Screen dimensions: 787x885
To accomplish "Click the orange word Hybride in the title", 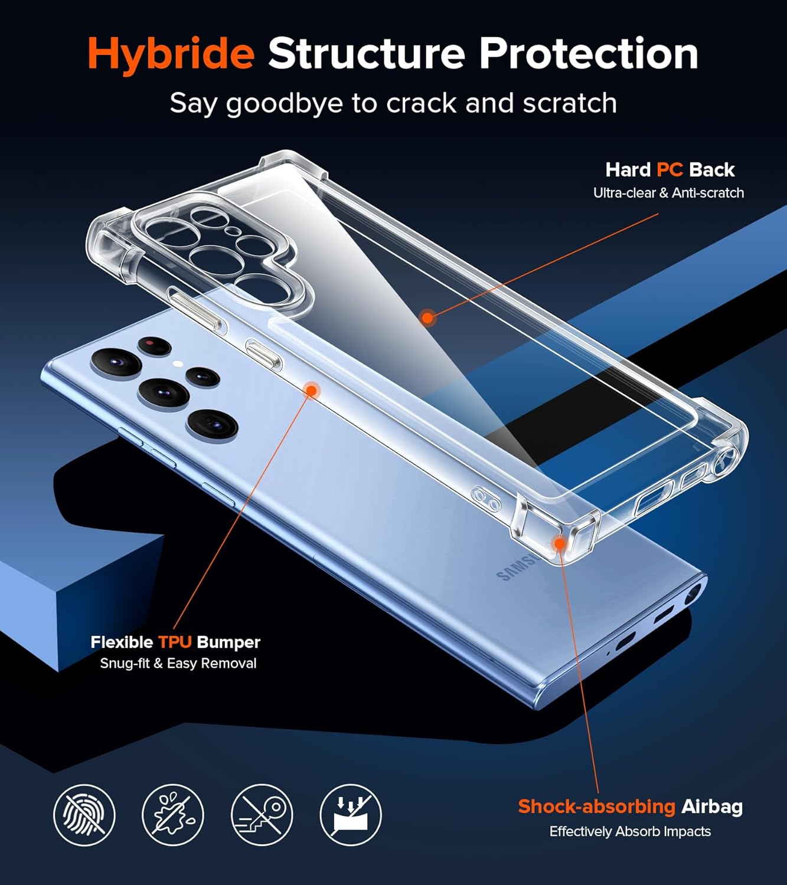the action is click(171, 55).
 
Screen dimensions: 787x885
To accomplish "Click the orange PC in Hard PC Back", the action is click(670, 170).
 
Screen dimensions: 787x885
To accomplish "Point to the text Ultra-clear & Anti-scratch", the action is click(668, 193).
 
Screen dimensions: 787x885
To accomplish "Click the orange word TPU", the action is click(175, 642).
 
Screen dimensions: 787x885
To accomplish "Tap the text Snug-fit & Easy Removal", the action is click(178, 664).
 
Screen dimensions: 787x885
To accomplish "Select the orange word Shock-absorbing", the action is click(596, 807).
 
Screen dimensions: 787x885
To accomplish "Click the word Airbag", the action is click(712, 807).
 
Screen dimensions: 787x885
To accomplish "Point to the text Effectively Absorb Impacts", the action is click(630, 831).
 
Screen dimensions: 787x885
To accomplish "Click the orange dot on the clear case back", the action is click(427, 317).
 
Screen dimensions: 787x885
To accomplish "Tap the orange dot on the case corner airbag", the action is click(559, 544).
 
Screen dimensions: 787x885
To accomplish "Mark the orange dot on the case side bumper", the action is click(311, 390).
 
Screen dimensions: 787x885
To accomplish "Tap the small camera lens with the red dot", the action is click(154, 346).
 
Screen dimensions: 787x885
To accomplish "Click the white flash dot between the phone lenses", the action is click(178, 363).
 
